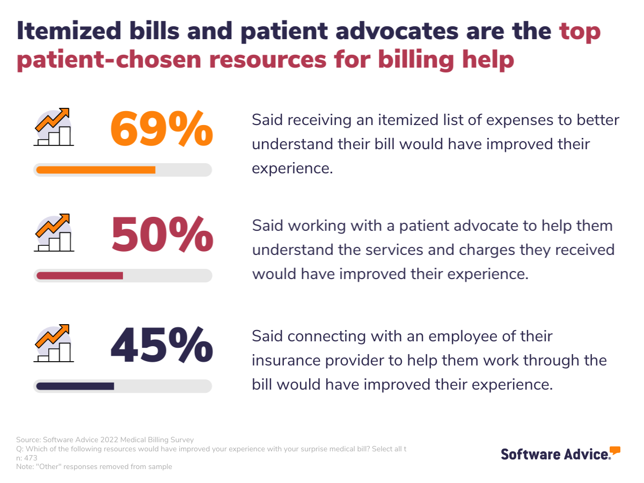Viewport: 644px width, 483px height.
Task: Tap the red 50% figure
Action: tap(162, 236)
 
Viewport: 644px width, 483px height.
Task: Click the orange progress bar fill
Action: tap(96, 170)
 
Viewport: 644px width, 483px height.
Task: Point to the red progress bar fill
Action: tap(79, 276)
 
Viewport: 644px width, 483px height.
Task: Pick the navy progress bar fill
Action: tap(75, 386)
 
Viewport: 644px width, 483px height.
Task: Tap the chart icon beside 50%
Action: tap(54, 233)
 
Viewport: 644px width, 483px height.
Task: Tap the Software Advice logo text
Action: tap(554, 454)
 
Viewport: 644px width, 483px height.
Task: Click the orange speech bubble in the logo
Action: tap(615, 450)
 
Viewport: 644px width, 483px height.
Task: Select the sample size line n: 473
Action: tap(27, 458)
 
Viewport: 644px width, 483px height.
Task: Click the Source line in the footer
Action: tap(105, 440)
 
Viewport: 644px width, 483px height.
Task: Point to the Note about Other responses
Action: tap(94, 467)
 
